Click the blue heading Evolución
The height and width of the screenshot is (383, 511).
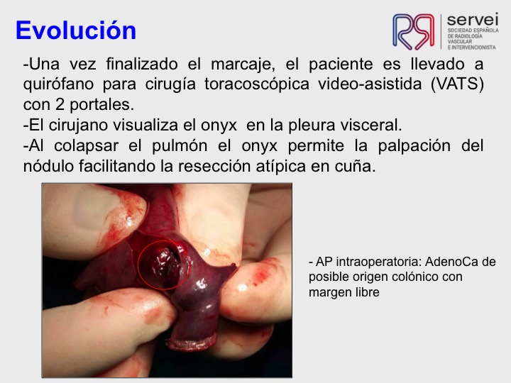tap(76, 30)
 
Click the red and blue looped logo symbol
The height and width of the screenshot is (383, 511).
tap(413, 31)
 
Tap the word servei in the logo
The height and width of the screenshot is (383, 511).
tap(473, 19)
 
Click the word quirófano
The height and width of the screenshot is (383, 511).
tap(58, 84)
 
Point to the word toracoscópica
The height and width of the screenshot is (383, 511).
tap(257, 84)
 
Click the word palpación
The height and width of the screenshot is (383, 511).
tap(414, 146)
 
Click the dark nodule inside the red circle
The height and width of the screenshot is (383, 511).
tap(164, 264)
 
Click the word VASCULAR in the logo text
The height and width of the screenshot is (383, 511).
tap(459, 42)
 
